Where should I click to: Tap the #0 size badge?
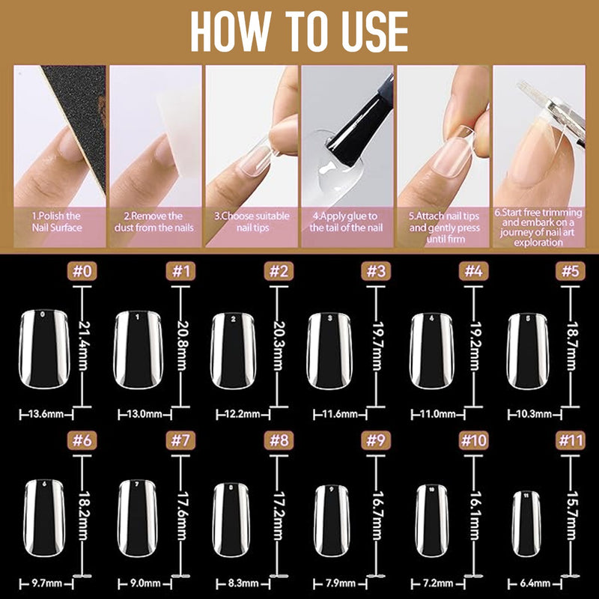point(82,271)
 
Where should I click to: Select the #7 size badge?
point(180,440)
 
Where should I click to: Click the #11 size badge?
point(571,440)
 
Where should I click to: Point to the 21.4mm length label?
point(82,345)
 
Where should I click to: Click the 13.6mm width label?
point(46,414)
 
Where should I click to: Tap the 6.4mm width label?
point(535,583)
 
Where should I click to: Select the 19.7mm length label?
point(377,345)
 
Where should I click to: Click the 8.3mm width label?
point(243,583)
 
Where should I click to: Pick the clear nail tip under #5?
point(528,351)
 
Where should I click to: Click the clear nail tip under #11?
point(526,523)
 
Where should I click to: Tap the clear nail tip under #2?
point(233,351)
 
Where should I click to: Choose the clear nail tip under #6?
point(44,517)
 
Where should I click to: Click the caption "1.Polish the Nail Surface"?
point(57,222)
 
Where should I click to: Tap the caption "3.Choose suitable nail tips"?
point(252,222)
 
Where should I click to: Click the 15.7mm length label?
point(571,515)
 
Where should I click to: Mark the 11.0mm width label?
point(438,414)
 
